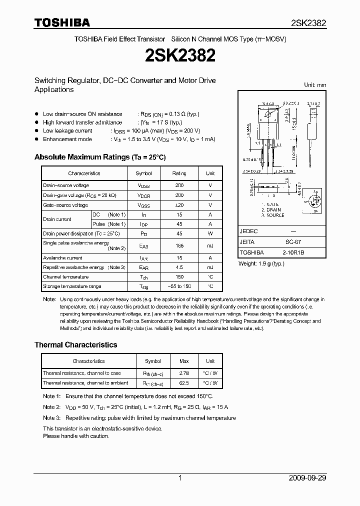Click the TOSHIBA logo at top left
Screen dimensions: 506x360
[x=62, y=22]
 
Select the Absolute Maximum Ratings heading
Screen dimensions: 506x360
[x=100, y=157]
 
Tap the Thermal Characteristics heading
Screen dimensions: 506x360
[x=75, y=344]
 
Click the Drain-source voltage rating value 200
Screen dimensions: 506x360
[x=179, y=185]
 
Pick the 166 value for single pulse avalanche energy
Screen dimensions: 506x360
[x=179, y=245]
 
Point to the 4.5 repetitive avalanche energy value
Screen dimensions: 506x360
[x=179, y=267]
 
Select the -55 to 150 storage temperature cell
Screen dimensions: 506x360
[x=179, y=286]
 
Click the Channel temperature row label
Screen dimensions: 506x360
[x=65, y=277]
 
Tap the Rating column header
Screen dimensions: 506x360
[x=179, y=173]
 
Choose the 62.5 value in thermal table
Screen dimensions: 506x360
[x=183, y=383]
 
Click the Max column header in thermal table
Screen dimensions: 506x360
[x=183, y=361]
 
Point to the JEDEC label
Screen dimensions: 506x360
[x=248, y=231]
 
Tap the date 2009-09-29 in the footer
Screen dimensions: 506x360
[x=307, y=478]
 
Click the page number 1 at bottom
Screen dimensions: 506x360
[x=180, y=478]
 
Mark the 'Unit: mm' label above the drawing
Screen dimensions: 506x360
[x=315, y=85]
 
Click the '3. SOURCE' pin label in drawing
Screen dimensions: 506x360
[x=272, y=215]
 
